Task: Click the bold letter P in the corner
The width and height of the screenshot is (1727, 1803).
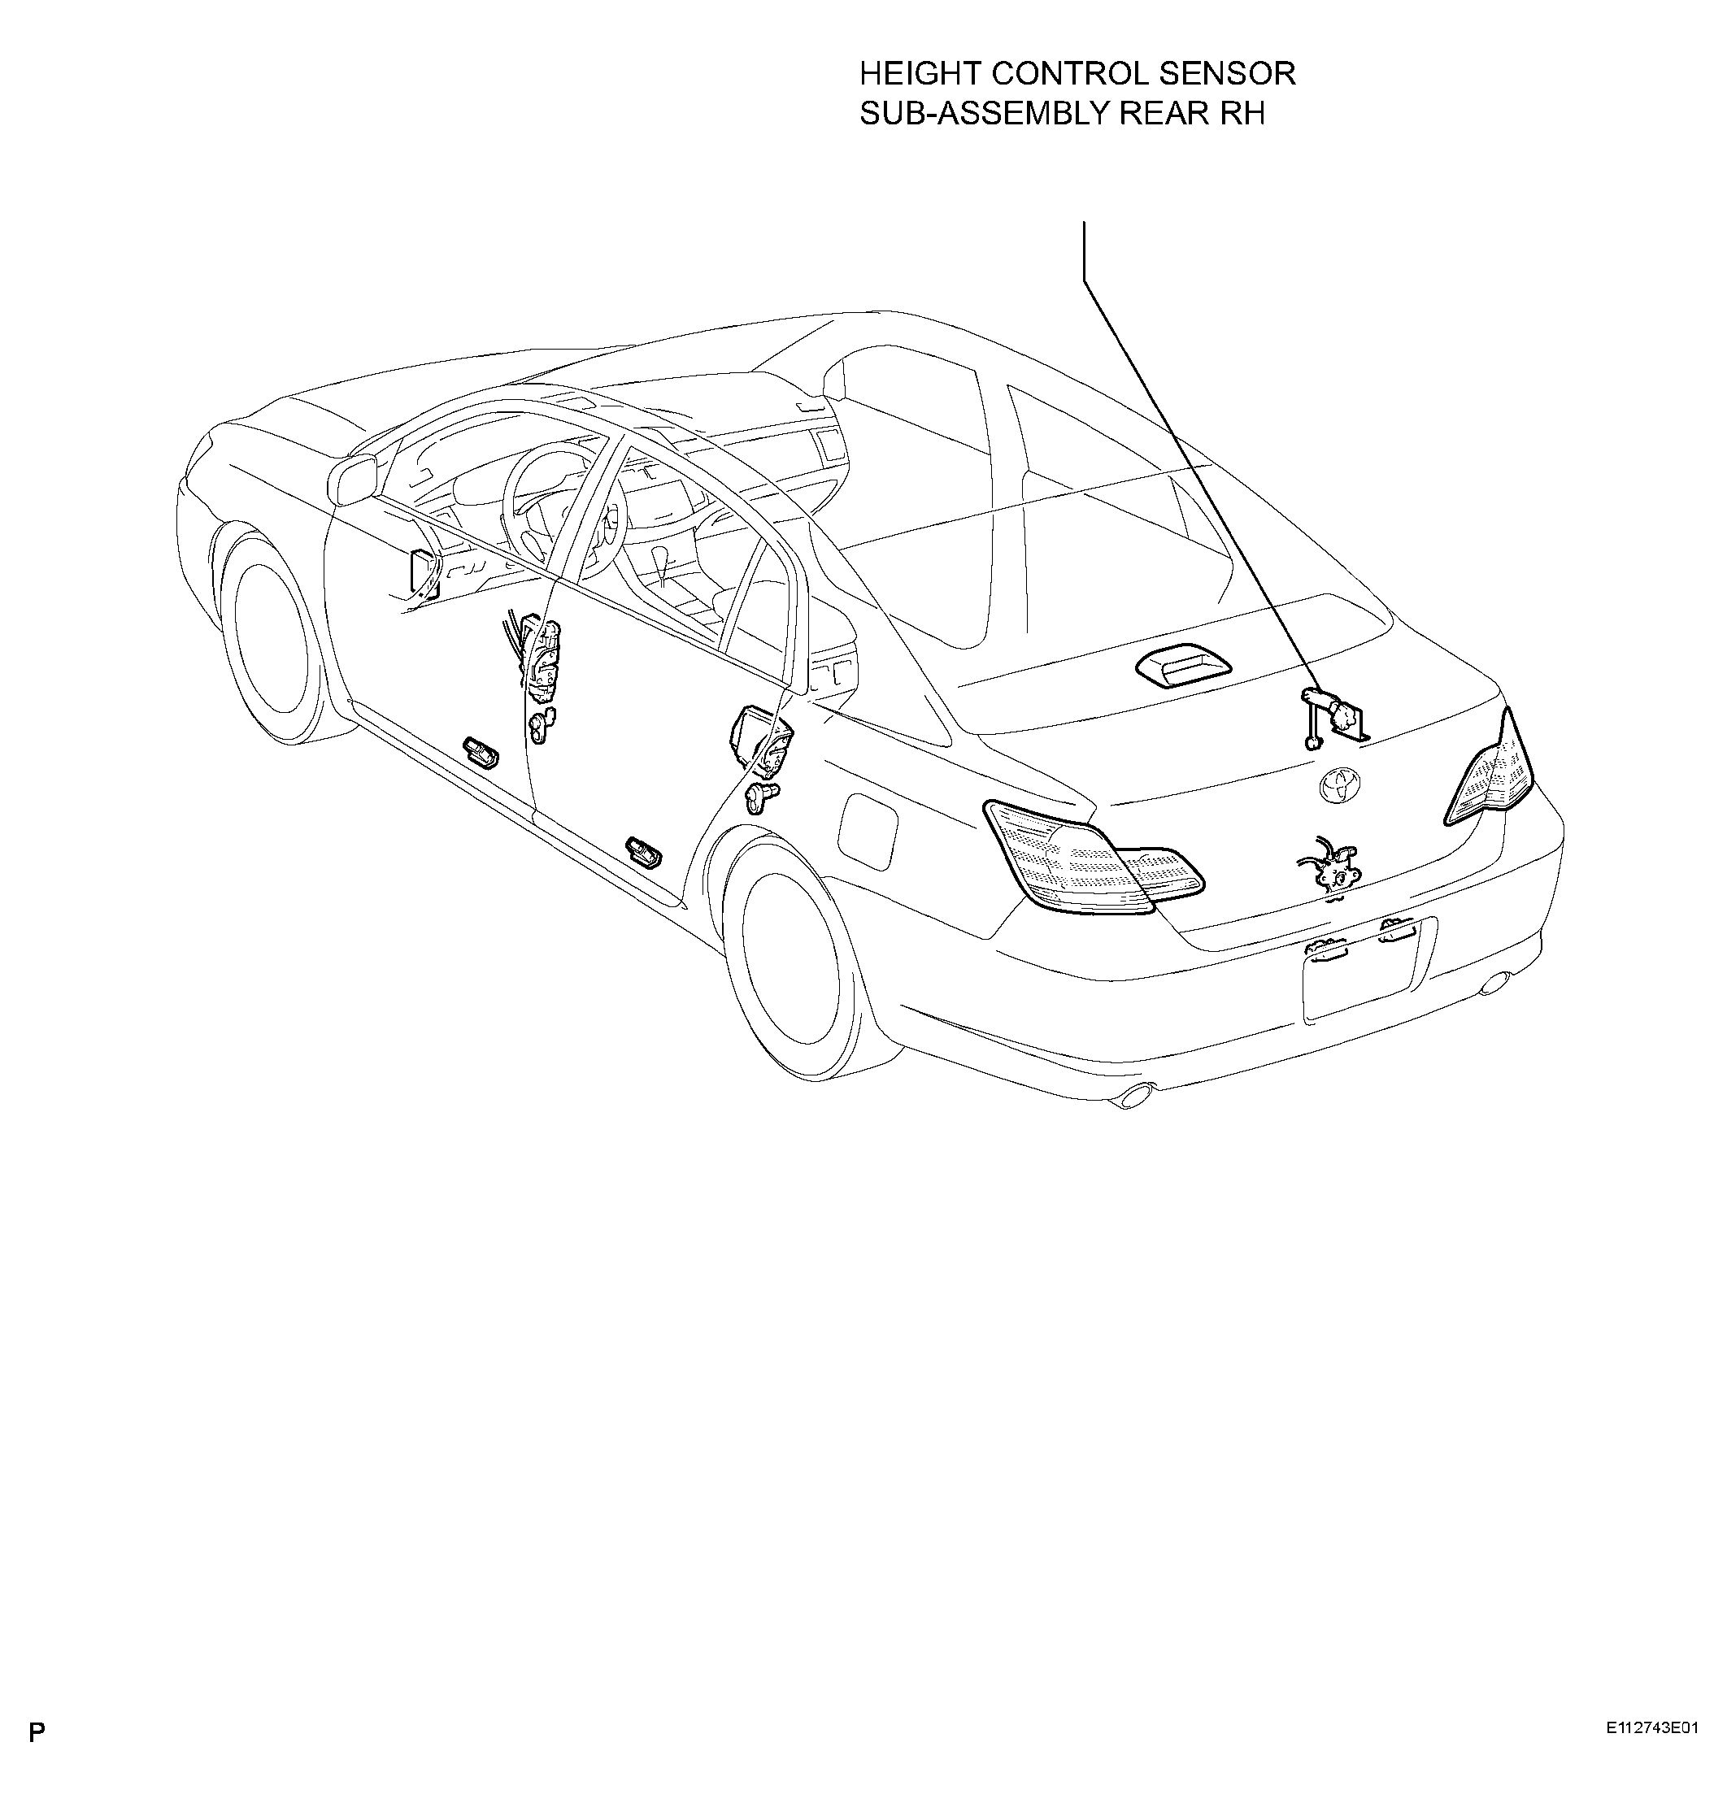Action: pyautogui.click(x=37, y=1758)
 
